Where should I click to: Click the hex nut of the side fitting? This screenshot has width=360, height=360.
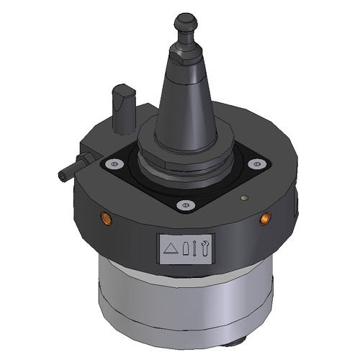(x=84, y=157)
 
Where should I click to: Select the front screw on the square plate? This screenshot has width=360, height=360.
(x=184, y=205)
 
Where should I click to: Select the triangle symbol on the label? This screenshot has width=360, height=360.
(x=171, y=248)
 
